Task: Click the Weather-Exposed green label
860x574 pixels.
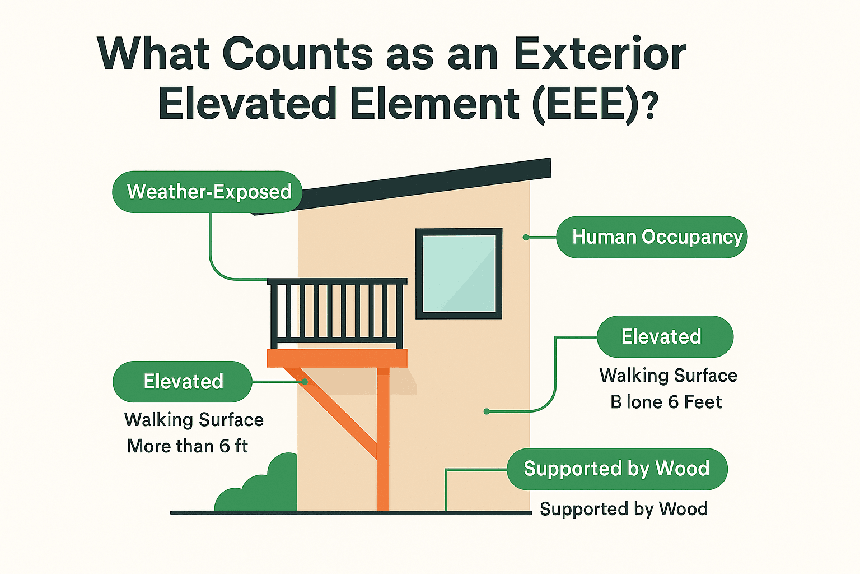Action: (207, 192)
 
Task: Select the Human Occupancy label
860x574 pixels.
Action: (652, 237)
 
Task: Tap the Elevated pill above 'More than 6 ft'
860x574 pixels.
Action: (183, 381)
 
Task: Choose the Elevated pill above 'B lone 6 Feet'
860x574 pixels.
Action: (665, 336)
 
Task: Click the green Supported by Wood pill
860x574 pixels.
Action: (617, 469)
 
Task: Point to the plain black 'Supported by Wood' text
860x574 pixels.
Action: (624, 509)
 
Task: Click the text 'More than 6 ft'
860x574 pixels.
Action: (188, 446)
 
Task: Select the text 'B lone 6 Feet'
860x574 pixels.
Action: (666, 402)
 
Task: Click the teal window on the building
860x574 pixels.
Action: (459, 274)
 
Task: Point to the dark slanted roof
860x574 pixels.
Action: (401, 186)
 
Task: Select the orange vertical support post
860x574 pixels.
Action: (383, 439)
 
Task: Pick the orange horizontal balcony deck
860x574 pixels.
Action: (337, 358)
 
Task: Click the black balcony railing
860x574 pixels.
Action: (337, 313)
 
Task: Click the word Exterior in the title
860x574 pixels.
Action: (600, 53)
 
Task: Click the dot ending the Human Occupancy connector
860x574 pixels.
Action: (526, 237)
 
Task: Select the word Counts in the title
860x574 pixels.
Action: (297, 53)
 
